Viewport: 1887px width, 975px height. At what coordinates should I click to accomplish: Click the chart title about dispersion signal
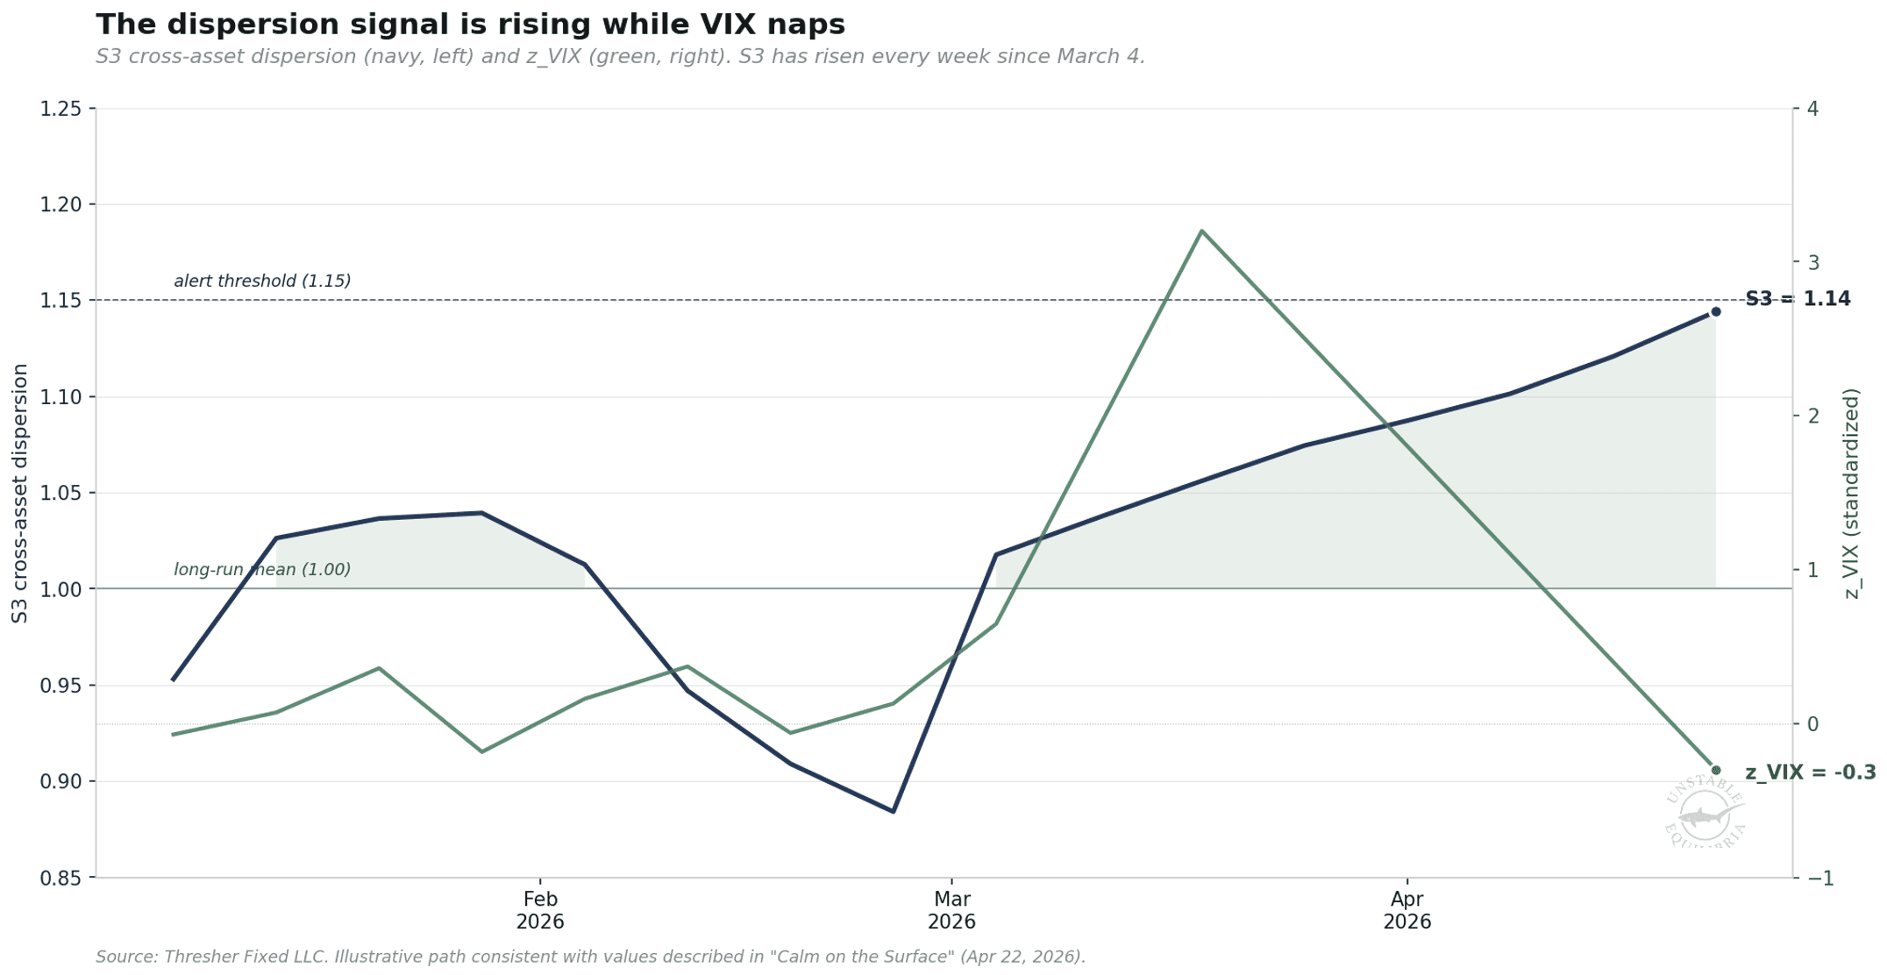tap(470, 25)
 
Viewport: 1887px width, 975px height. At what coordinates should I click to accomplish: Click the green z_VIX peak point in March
tap(1200, 231)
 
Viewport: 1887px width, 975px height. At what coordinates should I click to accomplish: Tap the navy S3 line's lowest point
tap(893, 811)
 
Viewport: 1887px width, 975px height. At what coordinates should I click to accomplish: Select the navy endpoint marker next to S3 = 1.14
tap(1715, 312)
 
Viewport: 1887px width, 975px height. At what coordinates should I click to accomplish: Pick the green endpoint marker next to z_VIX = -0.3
tap(1715, 770)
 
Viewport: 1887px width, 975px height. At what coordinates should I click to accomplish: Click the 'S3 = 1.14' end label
tap(1798, 299)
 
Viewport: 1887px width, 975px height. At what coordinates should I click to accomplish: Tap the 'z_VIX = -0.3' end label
tap(1810, 772)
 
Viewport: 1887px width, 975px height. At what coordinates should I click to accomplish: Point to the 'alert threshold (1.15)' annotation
tap(262, 281)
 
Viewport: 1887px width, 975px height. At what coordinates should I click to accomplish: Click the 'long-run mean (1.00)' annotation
tap(262, 570)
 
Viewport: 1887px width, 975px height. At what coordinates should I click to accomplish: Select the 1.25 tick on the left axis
tap(68, 109)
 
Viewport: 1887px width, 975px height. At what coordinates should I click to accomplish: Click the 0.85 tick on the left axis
tap(68, 878)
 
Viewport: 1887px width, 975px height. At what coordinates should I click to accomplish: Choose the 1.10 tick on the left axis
tap(68, 397)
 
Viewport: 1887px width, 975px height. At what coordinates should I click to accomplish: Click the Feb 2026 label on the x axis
tap(540, 910)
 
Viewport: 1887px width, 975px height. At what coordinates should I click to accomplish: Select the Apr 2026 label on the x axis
tap(1406, 910)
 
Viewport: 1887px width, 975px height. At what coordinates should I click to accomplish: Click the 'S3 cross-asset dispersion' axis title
tap(20, 493)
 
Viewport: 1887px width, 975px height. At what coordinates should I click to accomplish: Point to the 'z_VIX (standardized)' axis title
tap(1851, 493)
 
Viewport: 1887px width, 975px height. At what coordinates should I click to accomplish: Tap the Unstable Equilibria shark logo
tap(1704, 814)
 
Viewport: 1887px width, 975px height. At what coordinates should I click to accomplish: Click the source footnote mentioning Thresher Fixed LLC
tap(590, 957)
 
